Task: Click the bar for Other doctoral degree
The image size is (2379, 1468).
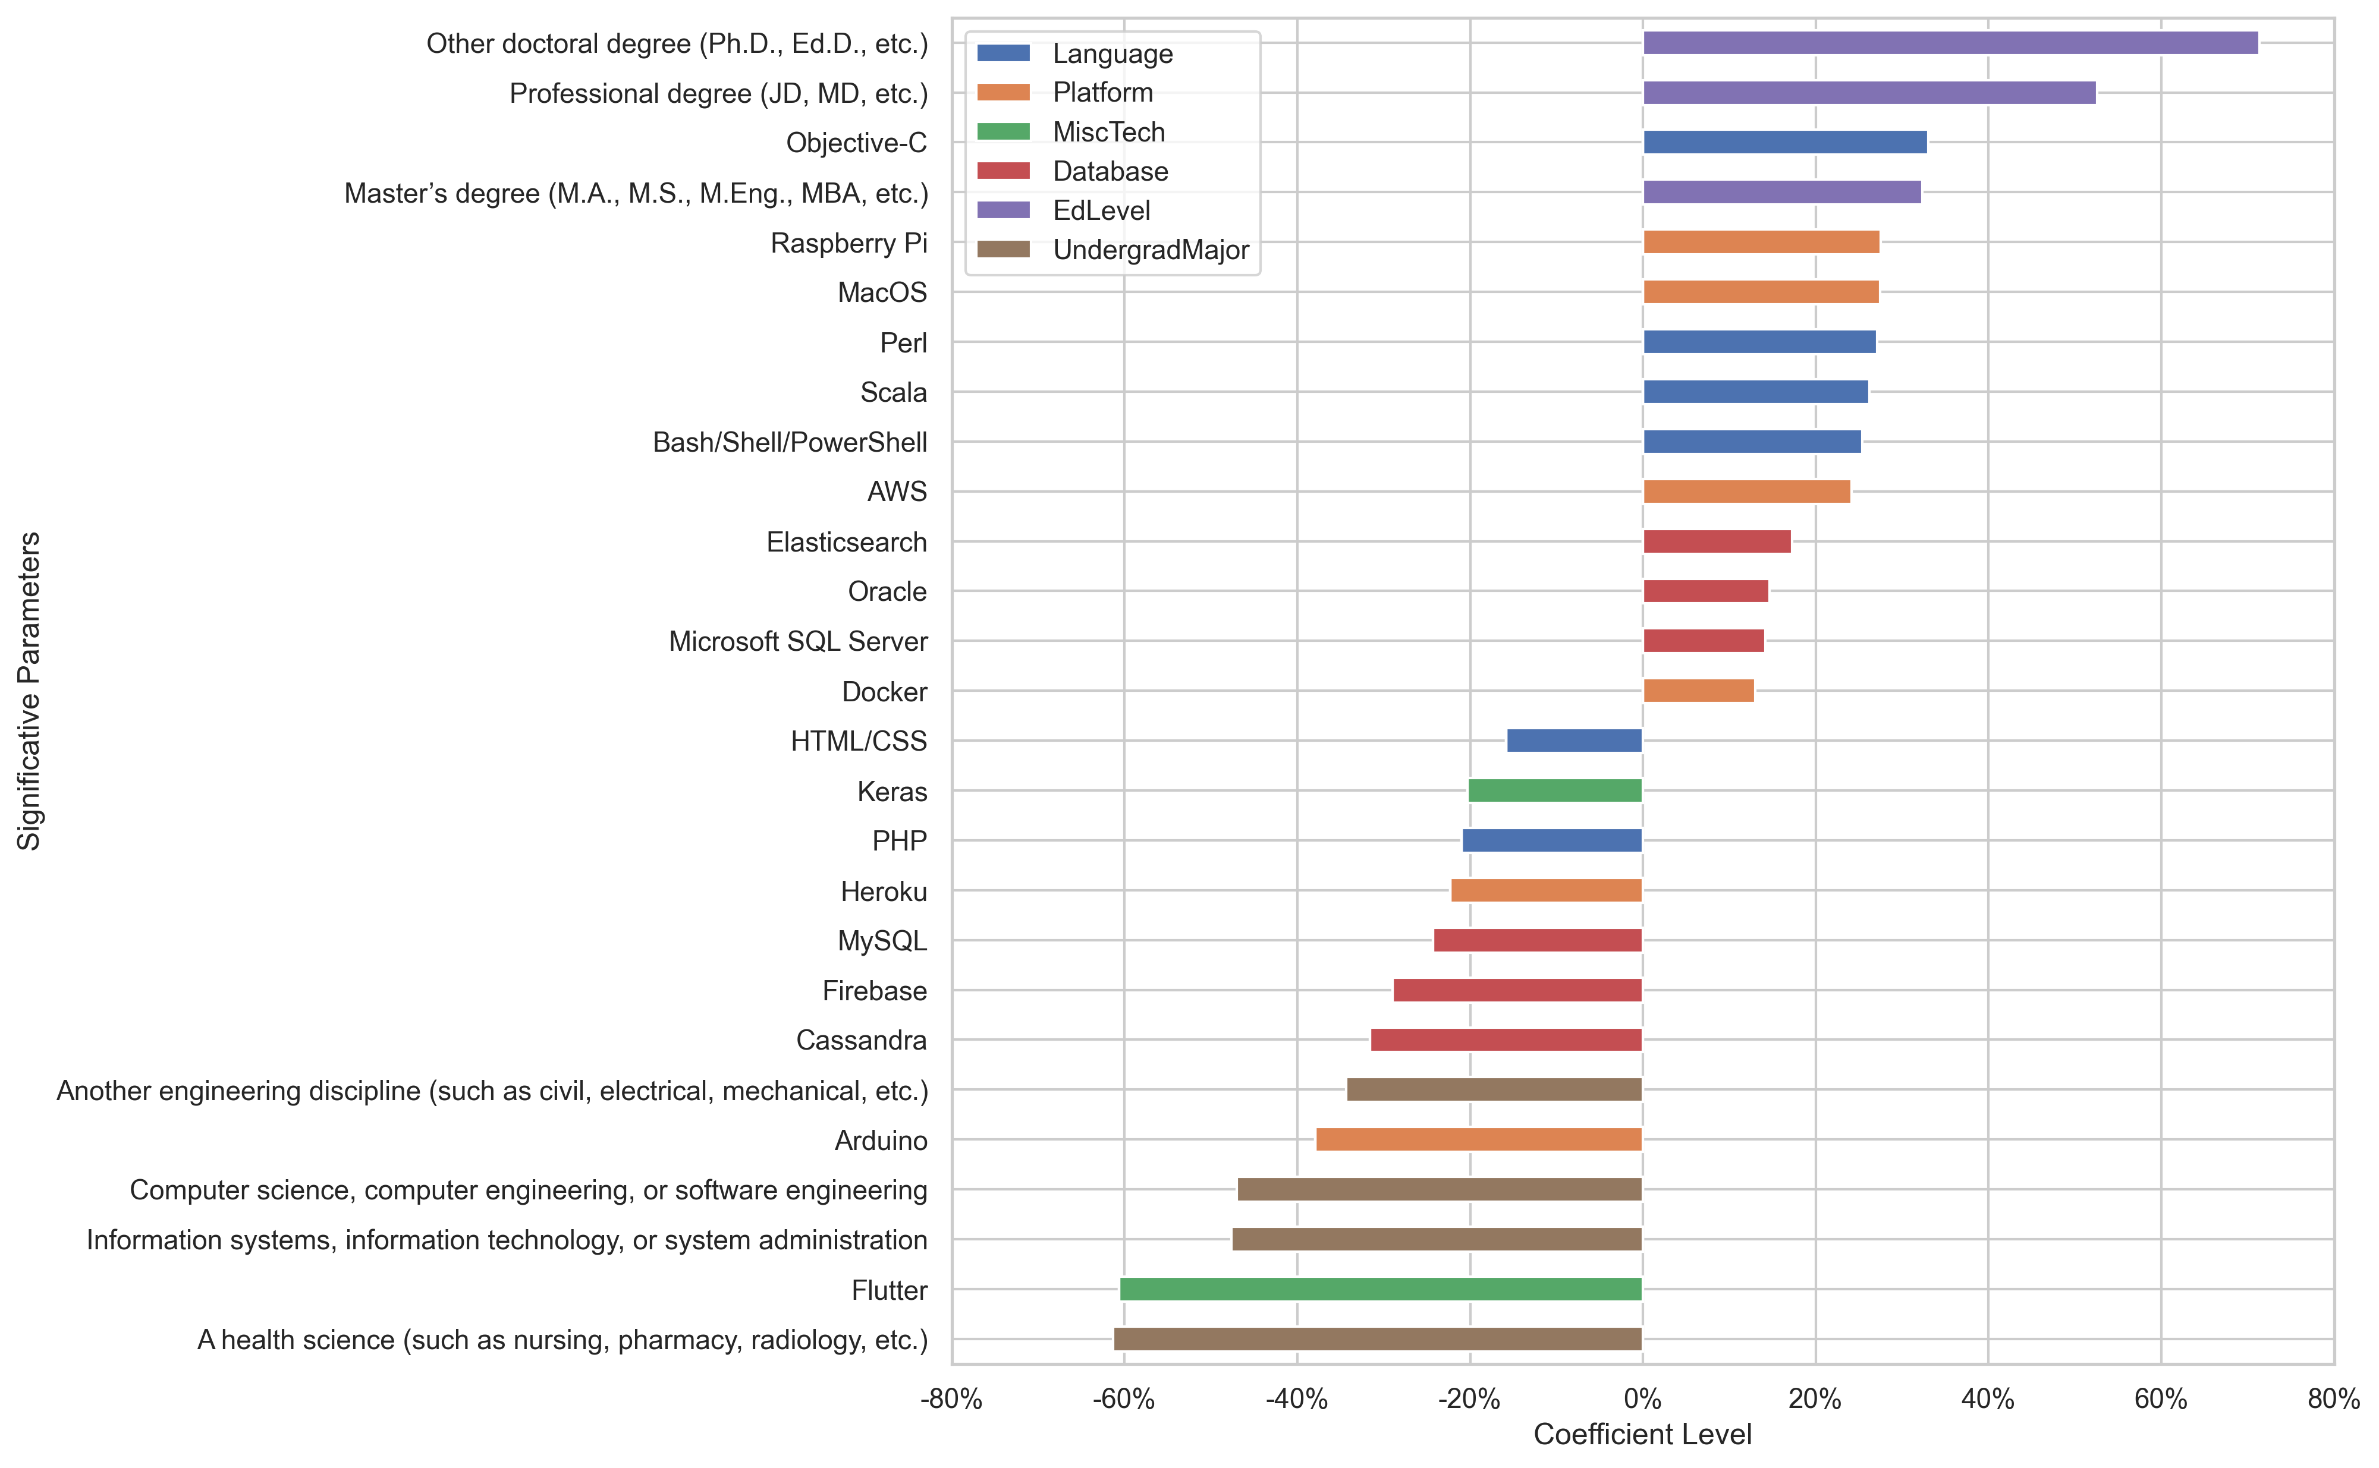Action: pyautogui.click(x=1949, y=43)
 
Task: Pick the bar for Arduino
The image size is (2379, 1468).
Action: pyautogui.click(x=1478, y=1140)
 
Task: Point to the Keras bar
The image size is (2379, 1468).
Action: pyautogui.click(x=1555, y=791)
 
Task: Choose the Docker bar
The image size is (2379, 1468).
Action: pyautogui.click(x=1698, y=691)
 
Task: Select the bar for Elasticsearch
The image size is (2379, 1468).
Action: pyautogui.click(x=1716, y=542)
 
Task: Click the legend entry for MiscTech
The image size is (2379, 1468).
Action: pyautogui.click(x=1108, y=132)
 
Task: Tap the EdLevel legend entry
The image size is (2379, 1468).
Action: pyautogui.click(x=1101, y=210)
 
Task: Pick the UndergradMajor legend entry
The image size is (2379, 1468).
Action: pyautogui.click(x=1151, y=250)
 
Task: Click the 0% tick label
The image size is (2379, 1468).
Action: pyautogui.click(x=1642, y=1399)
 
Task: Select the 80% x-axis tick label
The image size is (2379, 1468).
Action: pyautogui.click(x=2333, y=1399)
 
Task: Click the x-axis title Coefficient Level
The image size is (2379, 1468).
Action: pyautogui.click(x=1642, y=1434)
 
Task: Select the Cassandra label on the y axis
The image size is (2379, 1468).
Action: pyautogui.click(x=862, y=1040)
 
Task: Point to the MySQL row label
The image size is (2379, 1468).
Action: pyautogui.click(x=882, y=941)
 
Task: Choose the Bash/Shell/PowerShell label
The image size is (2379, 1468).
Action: pyautogui.click(x=790, y=442)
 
